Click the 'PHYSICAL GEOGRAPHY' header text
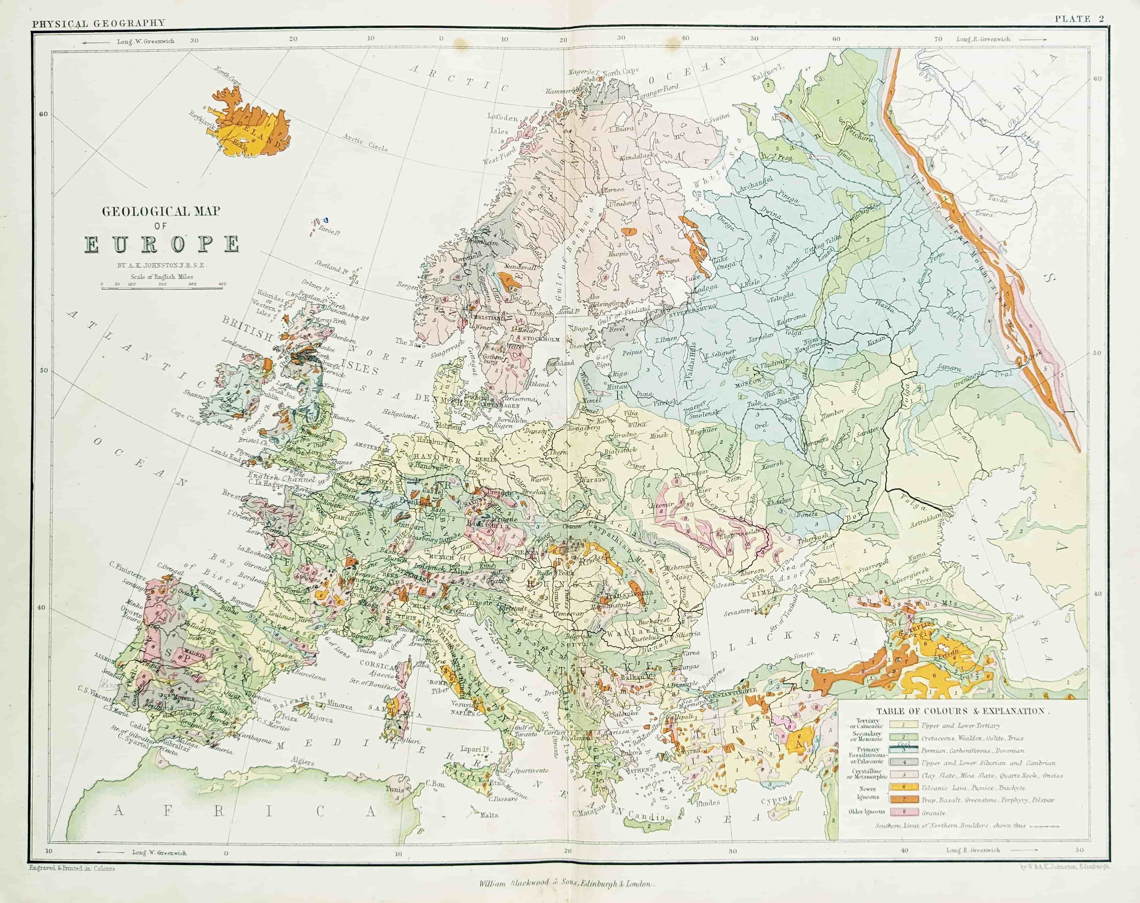pos(98,23)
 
